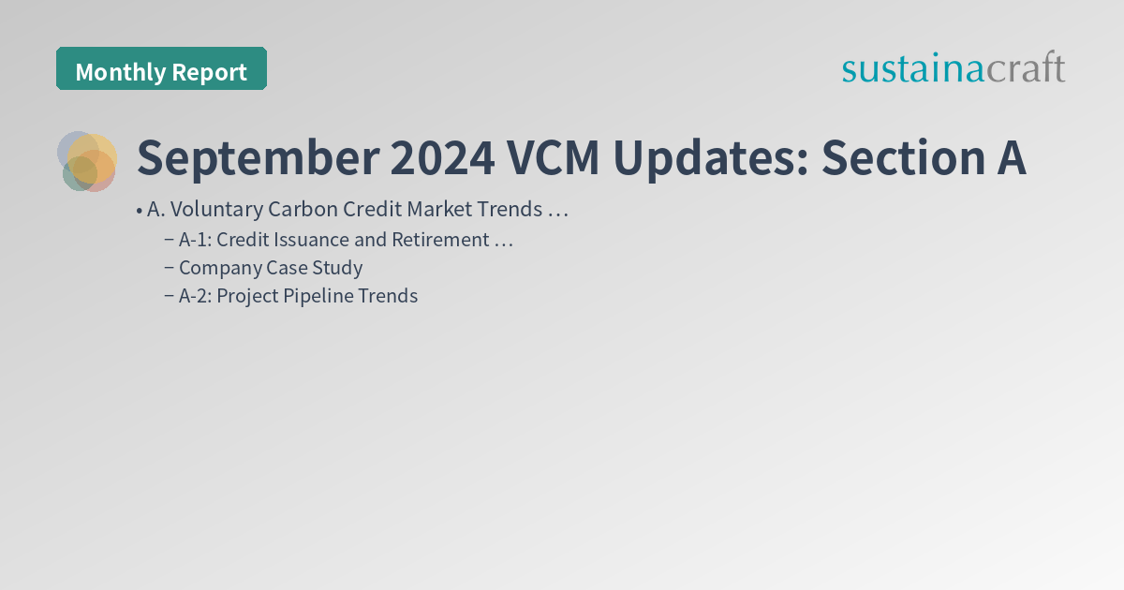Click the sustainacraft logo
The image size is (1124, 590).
tap(953, 68)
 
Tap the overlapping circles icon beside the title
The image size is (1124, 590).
tap(87, 161)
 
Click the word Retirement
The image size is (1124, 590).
tap(440, 240)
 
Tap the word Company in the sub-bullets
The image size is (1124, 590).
tap(218, 268)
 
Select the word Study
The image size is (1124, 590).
tap(337, 268)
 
